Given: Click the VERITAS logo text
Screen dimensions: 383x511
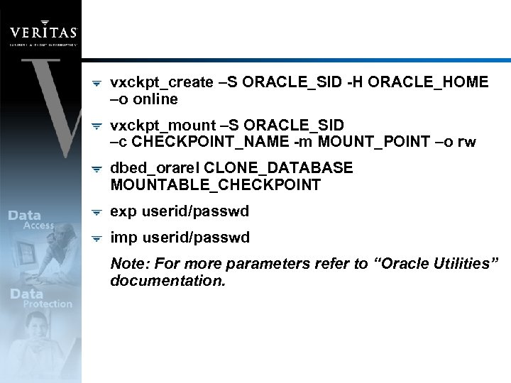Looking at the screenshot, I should pos(43,32).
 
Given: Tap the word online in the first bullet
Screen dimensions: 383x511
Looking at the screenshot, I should pos(155,99).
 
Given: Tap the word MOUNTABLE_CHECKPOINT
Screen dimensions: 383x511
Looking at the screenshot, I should pos(216,186).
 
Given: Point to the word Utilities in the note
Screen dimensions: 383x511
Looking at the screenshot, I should pos(456,264).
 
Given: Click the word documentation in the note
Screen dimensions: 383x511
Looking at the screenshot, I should pos(167,281).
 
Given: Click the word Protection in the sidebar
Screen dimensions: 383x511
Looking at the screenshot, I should pos(48,304).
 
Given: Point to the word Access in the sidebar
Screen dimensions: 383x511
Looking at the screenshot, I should pos(38,226).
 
